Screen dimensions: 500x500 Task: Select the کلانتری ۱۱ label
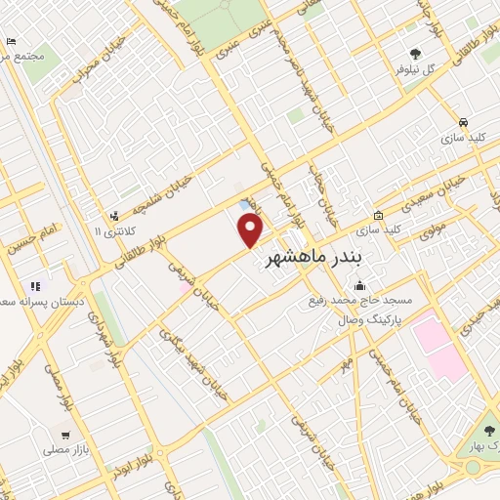tap(111, 231)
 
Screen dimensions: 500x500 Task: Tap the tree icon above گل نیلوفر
tap(416, 54)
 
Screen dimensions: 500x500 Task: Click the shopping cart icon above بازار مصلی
tap(65, 436)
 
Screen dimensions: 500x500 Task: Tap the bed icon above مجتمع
tap(11, 41)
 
